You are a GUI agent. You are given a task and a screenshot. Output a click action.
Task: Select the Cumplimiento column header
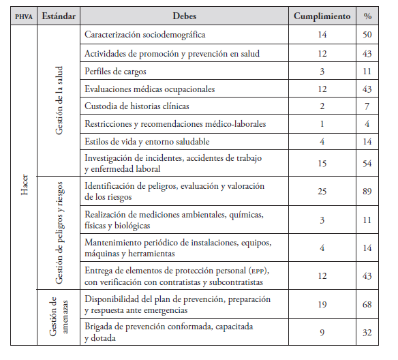(x=322, y=15)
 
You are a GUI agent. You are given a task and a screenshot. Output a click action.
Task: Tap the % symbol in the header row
(x=368, y=15)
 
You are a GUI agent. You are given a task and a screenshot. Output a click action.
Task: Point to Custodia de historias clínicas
(x=137, y=106)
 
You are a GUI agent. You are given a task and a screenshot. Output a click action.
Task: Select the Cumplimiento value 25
(x=322, y=191)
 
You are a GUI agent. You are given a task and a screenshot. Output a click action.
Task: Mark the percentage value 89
(x=368, y=191)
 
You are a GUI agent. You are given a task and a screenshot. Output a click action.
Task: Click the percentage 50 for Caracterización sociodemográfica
(x=368, y=35)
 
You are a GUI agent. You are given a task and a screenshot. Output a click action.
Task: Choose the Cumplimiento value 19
(x=322, y=303)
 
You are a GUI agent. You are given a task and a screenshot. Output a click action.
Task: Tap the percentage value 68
(x=368, y=303)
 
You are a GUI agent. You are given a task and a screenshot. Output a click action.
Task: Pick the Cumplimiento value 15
(x=322, y=164)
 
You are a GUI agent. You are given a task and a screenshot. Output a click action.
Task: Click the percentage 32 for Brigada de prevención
(x=368, y=332)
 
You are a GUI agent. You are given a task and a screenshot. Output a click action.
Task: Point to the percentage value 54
(x=368, y=164)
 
